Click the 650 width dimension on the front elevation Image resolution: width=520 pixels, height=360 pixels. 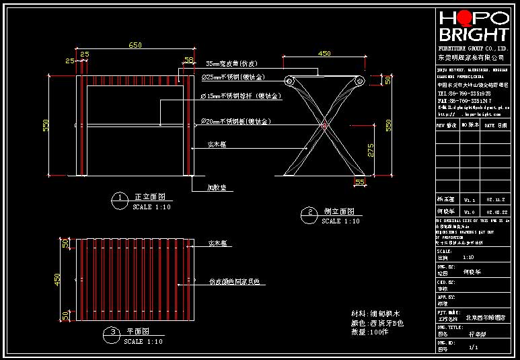pyautogui.click(x=135, y=45)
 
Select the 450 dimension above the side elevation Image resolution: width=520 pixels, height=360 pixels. pyautogui.click(x=324, y=54)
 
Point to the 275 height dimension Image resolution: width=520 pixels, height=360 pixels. pyautogui.click(x=371, y=151)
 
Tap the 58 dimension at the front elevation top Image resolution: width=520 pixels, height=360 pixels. pyautogui.click(x=188, y=60)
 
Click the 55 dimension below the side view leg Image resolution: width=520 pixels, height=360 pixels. pyautogui.click(x=359, y=182)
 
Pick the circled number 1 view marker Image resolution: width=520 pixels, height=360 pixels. pyautogui.click(x=119, y=198)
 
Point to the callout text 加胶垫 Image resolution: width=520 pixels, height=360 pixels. pyautogui.click(x=216, y=188)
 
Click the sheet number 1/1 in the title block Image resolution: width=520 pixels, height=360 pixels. pyautogui.click(x=473, y=347)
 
